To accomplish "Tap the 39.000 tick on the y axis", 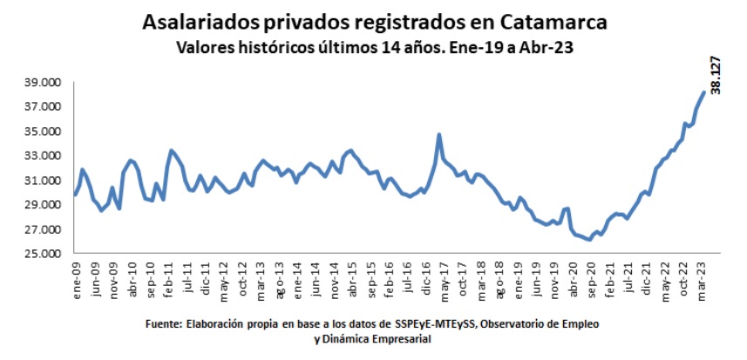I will point(43,83).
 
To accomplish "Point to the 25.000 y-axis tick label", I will point(43,254).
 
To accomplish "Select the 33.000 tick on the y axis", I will point(43,156).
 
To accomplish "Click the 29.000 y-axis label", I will point(43,205).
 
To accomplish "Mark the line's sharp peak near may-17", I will point(438,134).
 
